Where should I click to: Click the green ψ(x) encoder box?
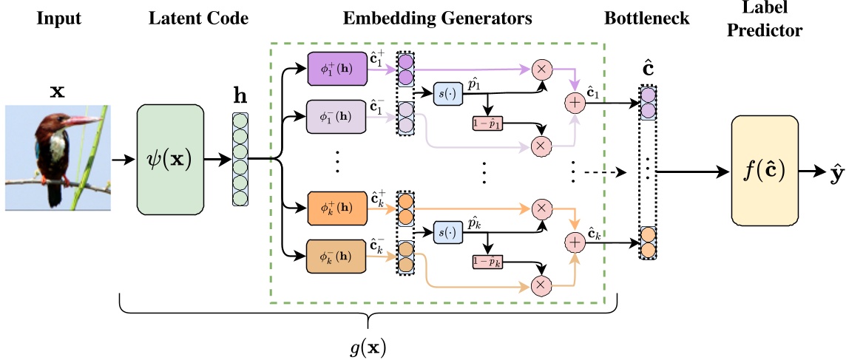pyautogui.click(x=169, y=158)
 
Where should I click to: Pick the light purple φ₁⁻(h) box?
pyautogui.click(x=336, y=116)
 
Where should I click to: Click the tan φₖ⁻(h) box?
pyautogui.click(x=336, y=257)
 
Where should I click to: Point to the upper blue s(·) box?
pyautogui.click(x=448, y=95)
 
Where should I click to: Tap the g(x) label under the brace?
pyautogui.click(x=368, y=346)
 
